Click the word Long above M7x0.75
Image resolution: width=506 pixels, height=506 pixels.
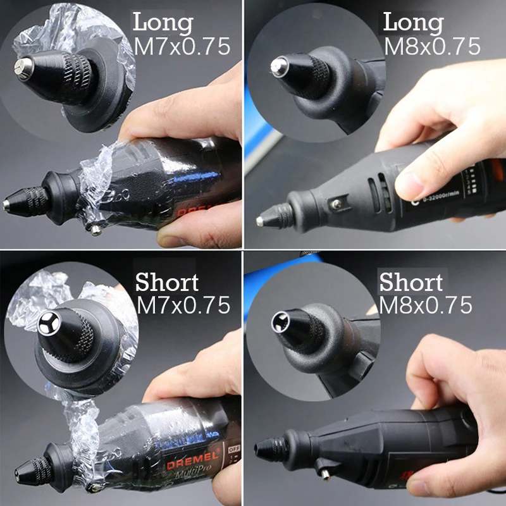162,23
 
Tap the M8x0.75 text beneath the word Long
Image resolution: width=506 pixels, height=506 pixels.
432,46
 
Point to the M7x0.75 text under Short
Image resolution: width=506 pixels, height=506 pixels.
183,305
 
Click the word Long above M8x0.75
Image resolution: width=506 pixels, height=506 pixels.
414,23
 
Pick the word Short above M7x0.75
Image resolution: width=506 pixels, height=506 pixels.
167,282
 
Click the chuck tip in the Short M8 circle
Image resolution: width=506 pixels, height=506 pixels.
279,321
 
